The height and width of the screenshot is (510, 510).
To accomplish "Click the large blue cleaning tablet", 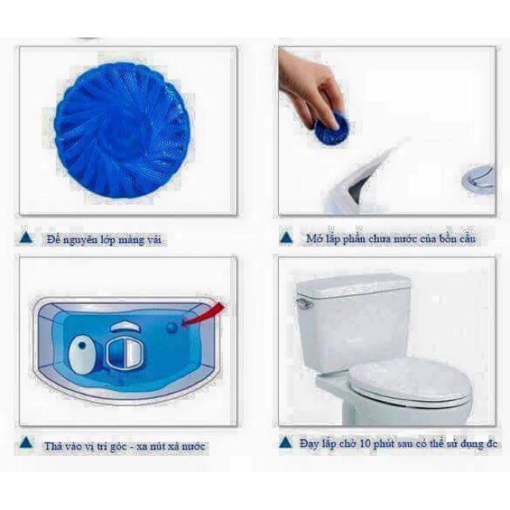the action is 122,130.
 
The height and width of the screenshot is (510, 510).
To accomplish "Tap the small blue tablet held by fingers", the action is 331,127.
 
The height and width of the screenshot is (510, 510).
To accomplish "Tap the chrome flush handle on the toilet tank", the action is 304,302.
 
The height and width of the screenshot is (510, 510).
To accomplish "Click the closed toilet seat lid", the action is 410,383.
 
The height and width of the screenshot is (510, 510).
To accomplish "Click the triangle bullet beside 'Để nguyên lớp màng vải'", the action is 26,237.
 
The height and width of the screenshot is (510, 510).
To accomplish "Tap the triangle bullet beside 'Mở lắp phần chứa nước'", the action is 286,237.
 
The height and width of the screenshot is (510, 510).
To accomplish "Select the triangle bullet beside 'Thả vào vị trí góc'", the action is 26,443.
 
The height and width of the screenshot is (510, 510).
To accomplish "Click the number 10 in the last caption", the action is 365,444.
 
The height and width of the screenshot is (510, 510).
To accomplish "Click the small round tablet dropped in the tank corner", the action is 172,328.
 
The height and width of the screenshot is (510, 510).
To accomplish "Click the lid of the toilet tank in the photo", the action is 354,285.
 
